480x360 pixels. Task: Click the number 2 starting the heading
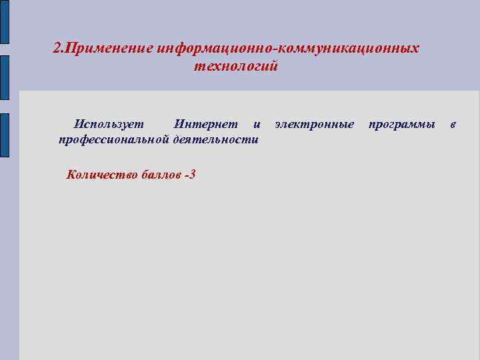pyautogui.click(x=56, y=49)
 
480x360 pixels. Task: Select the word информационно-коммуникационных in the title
pyautogui.click(x=289, y=49)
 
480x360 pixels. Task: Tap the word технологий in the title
pyautogui.click(x=235, y=67)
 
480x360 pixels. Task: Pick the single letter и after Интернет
pyautogui.click(x=257, y=125)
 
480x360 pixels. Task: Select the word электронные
pyautogui.click(x=315, y=124)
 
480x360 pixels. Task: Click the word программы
pyautogui.click(x=402, y=124)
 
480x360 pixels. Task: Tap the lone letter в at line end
pyautogui.click(x=453, y=125)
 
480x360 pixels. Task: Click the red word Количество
pyautogui.click(x=102, y=175)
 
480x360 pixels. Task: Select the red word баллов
pyautogui.click(x=161, y=175)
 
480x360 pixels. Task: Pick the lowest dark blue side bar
pyautogui.click(x=4, y=137)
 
